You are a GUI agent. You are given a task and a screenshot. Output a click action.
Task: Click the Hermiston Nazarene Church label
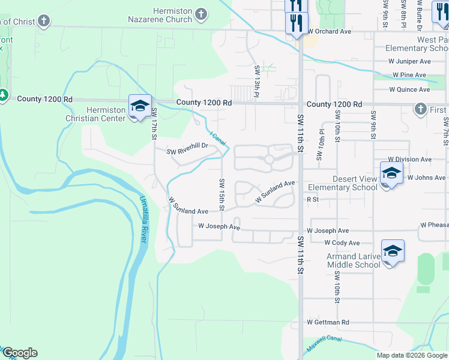[x=161, y=15]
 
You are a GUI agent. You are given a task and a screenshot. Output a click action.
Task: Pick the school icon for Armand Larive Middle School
[x=393, y=251]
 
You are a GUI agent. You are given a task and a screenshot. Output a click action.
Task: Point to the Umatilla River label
[x=143, y=219]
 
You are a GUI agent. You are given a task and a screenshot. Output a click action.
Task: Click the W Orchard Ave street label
[x=329, y=31]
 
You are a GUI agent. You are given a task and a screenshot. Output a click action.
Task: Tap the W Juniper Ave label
[x=410, y=61]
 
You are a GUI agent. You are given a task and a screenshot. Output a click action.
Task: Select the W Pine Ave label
[x=409, y=75]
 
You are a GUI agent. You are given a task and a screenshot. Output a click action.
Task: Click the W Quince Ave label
[x=409, y=89]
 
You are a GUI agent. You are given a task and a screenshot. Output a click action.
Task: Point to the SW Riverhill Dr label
[x=187, y=146]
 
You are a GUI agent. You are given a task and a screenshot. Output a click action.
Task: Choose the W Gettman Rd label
[x=328, y=322]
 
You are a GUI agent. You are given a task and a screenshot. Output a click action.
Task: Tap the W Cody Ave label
[x=342, y=242]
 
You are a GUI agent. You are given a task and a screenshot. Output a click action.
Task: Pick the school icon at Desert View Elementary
[x=391, y=174]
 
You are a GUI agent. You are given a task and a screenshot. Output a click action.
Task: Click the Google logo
[x=20, y=353]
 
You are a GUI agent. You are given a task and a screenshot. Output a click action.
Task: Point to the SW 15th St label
[x=221, y=194]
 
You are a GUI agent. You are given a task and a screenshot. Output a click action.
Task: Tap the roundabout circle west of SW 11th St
[x=268, y=160]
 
